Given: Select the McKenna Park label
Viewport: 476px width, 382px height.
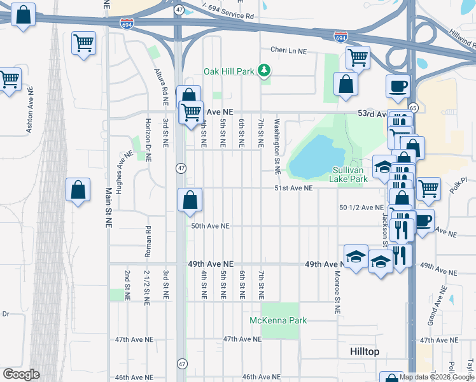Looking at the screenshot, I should [278, 320].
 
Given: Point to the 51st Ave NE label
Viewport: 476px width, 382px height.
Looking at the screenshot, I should [294, 188].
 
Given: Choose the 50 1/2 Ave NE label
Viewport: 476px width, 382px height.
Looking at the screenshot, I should [361, 208].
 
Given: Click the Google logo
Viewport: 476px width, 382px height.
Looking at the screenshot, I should [20, 374].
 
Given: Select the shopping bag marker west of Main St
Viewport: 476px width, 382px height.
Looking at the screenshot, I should [77, 190].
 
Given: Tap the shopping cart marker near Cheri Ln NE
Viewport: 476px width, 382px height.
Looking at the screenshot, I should [358, 57].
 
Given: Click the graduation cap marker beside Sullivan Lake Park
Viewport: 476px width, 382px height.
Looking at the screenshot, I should [384, 167].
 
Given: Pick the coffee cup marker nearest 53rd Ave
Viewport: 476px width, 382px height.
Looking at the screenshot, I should [398, 85].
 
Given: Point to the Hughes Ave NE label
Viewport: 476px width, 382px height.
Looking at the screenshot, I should [120, 167].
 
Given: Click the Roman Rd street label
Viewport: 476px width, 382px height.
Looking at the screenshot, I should [147, 241].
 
